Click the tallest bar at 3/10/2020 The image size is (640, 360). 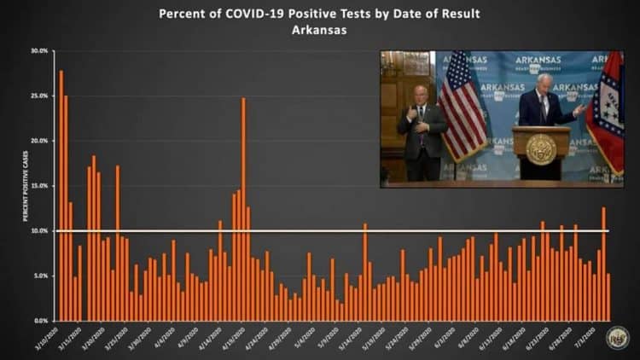click(61, 195)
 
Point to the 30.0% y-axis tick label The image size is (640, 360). click(40, 51)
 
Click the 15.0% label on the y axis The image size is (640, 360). click(40, 186)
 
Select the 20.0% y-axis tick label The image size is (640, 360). click(40, 141)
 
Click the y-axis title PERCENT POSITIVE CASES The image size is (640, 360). click(26, 187)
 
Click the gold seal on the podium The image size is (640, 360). click(541, 148)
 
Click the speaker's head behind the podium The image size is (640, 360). click(544, 82)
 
